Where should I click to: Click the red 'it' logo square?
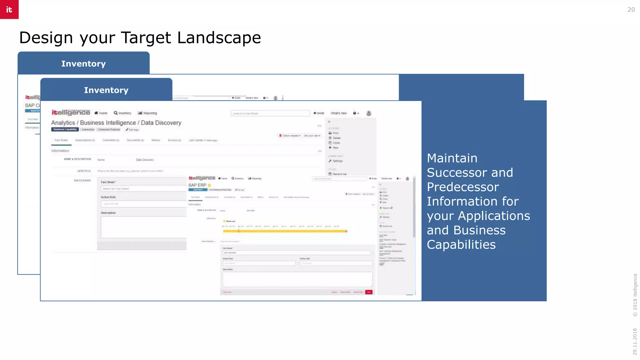click(9, 9)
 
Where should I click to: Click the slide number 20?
click(631, 10)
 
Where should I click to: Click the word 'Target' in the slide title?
click(146, 38)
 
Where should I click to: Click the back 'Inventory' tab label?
click(83, 64)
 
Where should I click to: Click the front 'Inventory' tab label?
click(106, 90)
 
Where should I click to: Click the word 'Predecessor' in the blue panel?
click(462, 187)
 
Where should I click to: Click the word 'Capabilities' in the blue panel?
click(461, 245)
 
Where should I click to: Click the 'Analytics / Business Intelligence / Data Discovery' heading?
click(116, 123)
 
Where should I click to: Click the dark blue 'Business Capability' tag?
click(65, 129)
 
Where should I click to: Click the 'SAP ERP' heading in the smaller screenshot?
click(197, 185)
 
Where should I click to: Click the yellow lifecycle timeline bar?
click(284, 231)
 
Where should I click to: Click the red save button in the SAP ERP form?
click(369, 292)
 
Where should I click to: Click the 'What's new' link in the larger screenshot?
click(339, 113)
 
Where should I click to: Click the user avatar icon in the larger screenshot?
click(369, 113)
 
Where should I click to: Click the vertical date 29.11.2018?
click(635, 341)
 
